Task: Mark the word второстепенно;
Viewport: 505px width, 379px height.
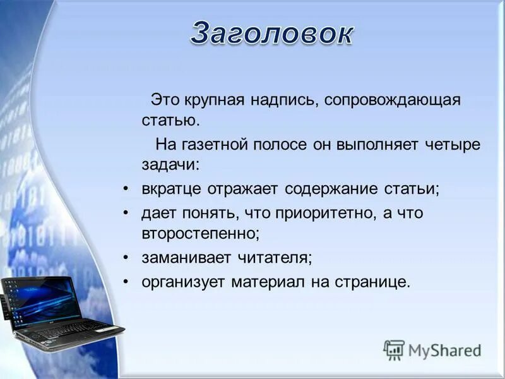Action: tap(201, 232)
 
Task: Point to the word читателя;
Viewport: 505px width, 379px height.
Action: tap(272, 257)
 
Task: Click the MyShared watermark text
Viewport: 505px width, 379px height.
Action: tap(444, 350)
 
